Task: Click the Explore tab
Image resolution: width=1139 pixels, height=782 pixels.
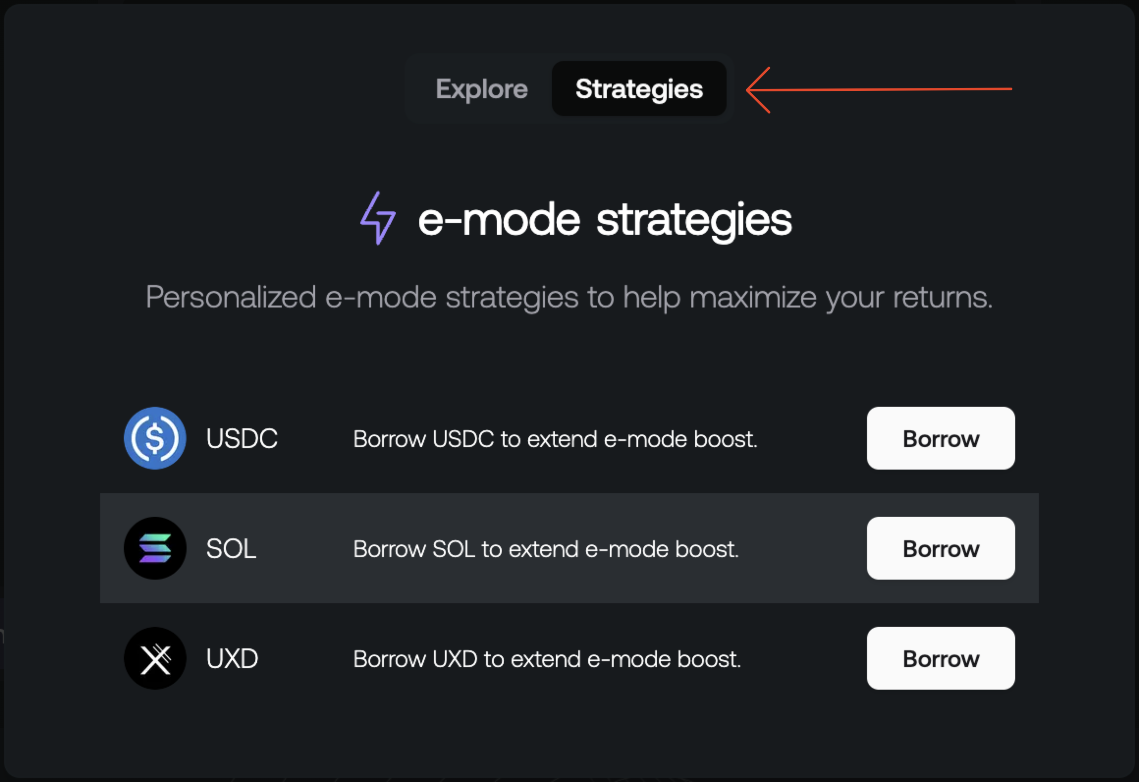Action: coord(482,89)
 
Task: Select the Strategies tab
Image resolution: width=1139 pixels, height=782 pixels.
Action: coord(639,89)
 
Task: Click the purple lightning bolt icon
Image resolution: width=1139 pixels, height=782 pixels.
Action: coord(378,218)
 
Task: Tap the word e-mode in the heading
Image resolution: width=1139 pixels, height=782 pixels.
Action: coord(499,220)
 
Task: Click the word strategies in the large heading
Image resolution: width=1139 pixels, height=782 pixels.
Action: coord(694,220)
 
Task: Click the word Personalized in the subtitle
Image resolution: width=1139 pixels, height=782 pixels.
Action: coord(231,297)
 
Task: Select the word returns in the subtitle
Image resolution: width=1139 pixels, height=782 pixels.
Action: coord(942,297)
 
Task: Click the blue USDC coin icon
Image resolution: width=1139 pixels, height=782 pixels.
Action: coord(155,438)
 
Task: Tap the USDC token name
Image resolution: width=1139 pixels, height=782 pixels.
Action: coord(242,439)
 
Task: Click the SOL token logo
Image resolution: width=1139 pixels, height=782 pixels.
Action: coord(155,548)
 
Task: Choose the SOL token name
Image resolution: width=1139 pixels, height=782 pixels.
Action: coord(231,549)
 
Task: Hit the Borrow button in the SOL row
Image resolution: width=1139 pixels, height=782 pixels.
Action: coord(941,548)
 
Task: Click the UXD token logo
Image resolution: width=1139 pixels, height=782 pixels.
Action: coord(155,658)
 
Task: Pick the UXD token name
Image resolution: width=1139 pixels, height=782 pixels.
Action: coord(232,659)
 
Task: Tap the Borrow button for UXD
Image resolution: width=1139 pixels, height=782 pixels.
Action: coord(941,658)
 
